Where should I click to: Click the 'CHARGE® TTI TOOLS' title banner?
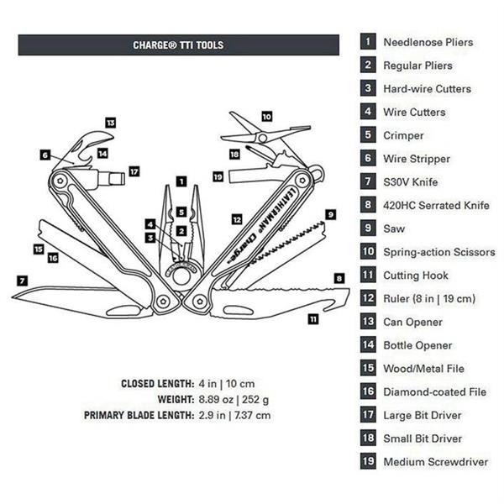[x=178, y=45]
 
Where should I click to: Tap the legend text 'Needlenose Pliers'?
[x=428, y=42]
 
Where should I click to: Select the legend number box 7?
[x=368, y=181]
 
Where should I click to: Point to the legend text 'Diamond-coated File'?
[x=434, y=391]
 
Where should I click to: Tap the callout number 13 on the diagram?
[x=110, y=123]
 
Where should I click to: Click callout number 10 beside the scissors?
[x=266, y=117]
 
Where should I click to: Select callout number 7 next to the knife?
[x=22, y=279]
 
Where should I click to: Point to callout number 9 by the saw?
[x=330, y=214]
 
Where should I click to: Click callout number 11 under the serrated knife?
[x=313, y=318]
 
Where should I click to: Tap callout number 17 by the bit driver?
[x=134, y=171]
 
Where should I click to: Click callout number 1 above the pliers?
[x=181, y=181]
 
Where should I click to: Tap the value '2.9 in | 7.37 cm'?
[x=236, y=415]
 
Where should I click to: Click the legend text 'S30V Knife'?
[x=411, y=181]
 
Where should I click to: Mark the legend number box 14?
[x=368, y=344]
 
